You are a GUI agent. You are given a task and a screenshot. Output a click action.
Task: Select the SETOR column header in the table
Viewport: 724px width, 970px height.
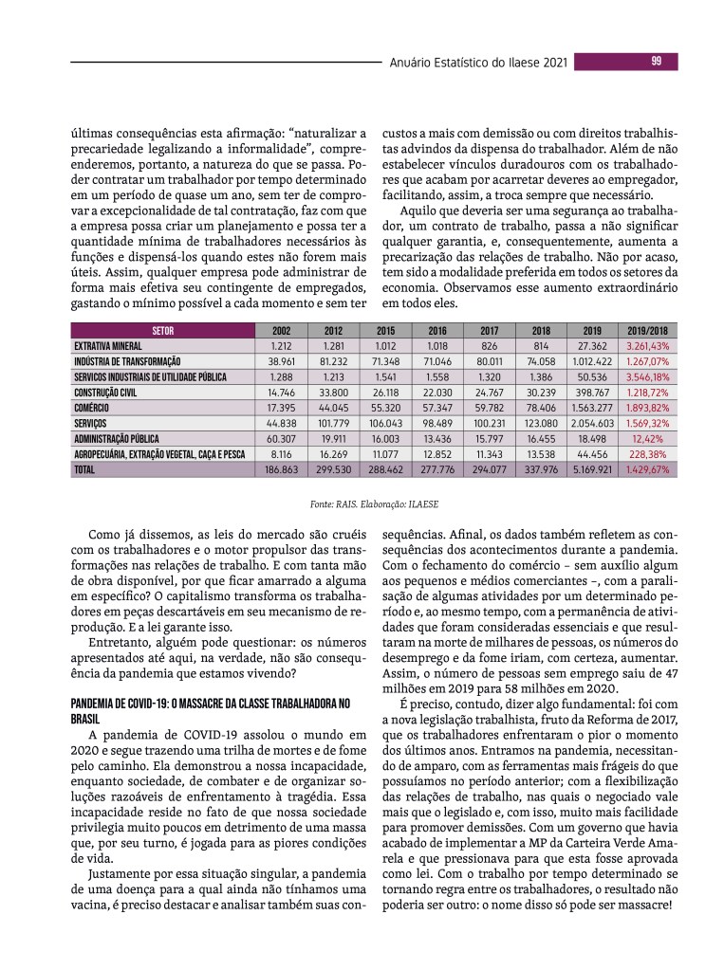click(x=163, y=331)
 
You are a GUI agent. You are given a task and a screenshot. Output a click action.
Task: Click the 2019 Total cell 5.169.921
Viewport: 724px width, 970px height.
click(x=594, y=470)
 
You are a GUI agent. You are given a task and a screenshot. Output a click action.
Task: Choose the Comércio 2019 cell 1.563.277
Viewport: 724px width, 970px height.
click(x=594, y=408)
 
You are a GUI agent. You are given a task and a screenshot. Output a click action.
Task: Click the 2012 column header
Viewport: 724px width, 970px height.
click(x=333, y=331)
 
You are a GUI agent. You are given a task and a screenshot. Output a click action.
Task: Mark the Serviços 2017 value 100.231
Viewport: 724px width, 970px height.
click(x=490, y=424)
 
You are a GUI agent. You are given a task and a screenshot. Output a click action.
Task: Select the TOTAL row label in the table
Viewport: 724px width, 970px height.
click(x=87, y=470)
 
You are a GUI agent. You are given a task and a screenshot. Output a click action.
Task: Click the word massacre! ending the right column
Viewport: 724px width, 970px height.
click(x=642, y=906)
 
